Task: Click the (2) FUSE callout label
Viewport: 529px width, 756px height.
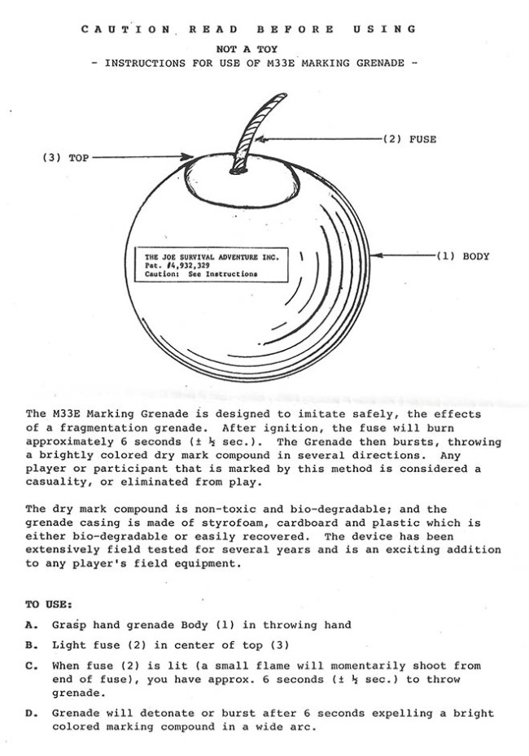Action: click(409, 139)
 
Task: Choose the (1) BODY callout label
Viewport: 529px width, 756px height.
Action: click(464, 256)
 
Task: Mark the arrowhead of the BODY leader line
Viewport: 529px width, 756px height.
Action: click(375, 256)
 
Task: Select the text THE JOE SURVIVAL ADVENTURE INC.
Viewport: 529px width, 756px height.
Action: click(210, 256)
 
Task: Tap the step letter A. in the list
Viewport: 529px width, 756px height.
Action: click(31, 625)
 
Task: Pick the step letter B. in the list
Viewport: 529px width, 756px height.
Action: click(31, 647)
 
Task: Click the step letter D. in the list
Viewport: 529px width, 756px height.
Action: click(31, 714)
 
